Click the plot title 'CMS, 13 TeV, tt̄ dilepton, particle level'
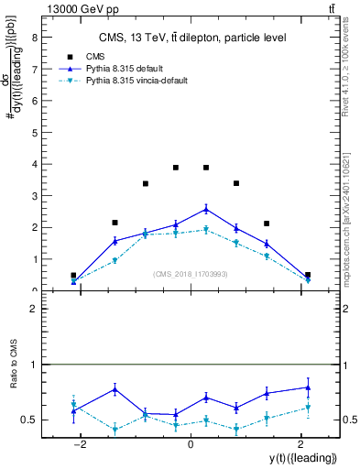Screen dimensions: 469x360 tap(192, 38)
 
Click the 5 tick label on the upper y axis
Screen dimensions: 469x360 tap(34, 132)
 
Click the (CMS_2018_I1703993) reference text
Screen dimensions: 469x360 tap(191, 273)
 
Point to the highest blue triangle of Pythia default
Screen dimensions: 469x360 tap(206, 209)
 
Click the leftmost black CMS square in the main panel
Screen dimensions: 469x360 tap(73, 275)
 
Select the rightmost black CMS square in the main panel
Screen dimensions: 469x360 tap(308, 275)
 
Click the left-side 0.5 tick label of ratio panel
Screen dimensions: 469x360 tap(30, 420)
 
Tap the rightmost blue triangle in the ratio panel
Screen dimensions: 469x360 tap(308, 387)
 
